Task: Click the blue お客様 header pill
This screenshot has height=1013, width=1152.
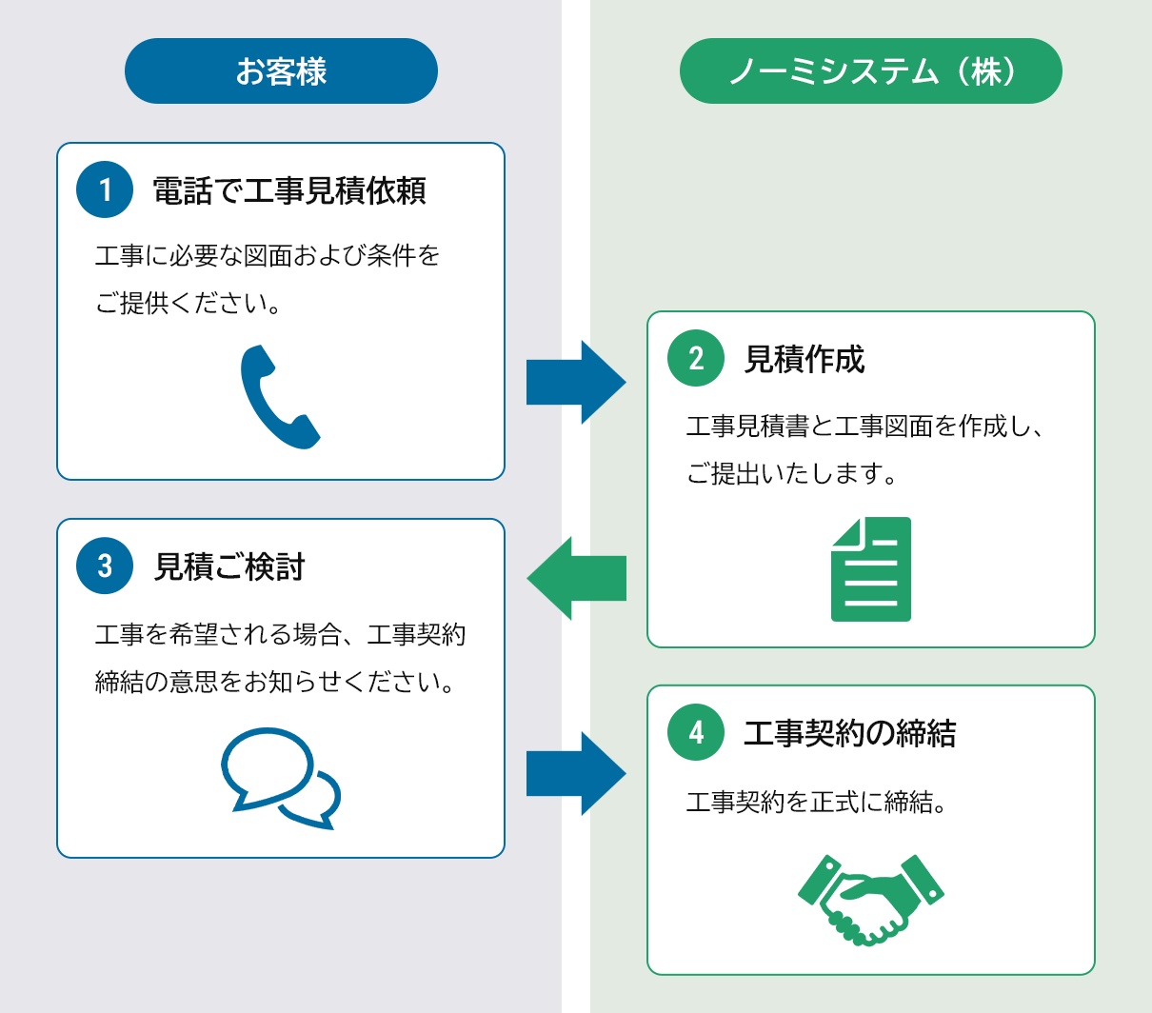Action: (281, 71)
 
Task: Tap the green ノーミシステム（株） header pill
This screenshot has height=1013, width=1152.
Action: (870, 71)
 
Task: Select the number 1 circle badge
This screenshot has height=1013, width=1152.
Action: (105, 189)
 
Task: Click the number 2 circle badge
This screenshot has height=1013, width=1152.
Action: (696, 358)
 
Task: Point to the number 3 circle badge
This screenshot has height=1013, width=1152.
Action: (105, 566)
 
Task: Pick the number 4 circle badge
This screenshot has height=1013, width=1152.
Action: (696, 732)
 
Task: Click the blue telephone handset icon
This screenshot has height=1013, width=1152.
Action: (278, 397)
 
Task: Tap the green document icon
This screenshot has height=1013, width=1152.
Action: (871, 569)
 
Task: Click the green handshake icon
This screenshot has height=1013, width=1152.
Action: (870, 898)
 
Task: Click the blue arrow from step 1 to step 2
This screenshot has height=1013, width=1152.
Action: (575, 382)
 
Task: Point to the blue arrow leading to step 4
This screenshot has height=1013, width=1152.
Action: (575, 773)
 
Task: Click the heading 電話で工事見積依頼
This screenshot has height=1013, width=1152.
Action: (289, 190)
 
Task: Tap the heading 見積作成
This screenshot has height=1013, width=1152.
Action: (804, 359)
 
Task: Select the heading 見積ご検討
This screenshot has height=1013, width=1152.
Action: (229, 566)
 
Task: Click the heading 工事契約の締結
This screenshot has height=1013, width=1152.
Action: (849, 733)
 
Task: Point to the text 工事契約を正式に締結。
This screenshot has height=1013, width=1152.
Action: (817, 803)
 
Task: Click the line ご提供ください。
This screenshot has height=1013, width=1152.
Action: (188, 303)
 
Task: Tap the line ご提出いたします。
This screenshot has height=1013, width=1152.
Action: (792, 473)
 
